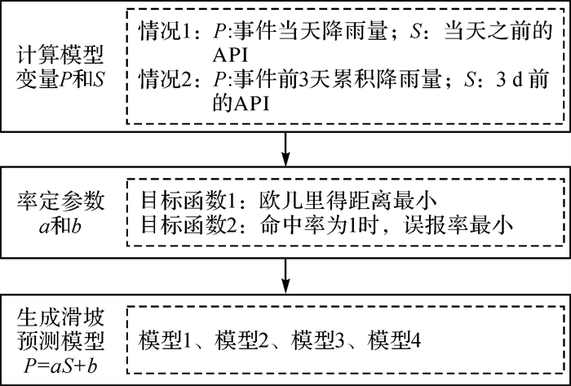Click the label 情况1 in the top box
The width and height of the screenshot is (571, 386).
164,33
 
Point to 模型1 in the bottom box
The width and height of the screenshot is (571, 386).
166,338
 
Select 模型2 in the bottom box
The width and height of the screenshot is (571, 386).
243,338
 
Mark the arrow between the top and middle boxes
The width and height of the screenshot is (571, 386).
285,148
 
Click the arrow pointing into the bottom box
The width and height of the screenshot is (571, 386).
285,275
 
